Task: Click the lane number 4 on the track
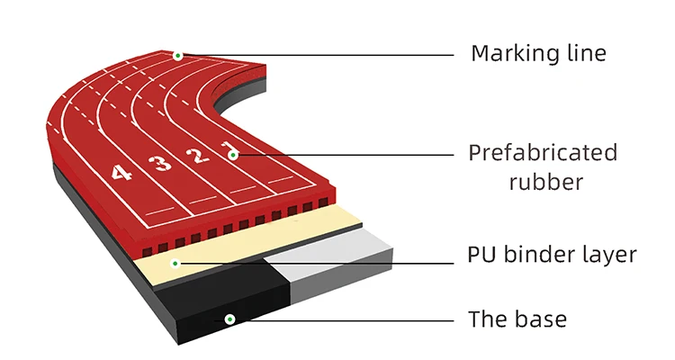121,172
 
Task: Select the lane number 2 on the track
194,157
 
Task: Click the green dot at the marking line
178,56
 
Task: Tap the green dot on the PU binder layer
177,264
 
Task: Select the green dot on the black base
229,319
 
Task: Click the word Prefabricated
543,152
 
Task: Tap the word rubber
545,183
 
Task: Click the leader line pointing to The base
360,319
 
